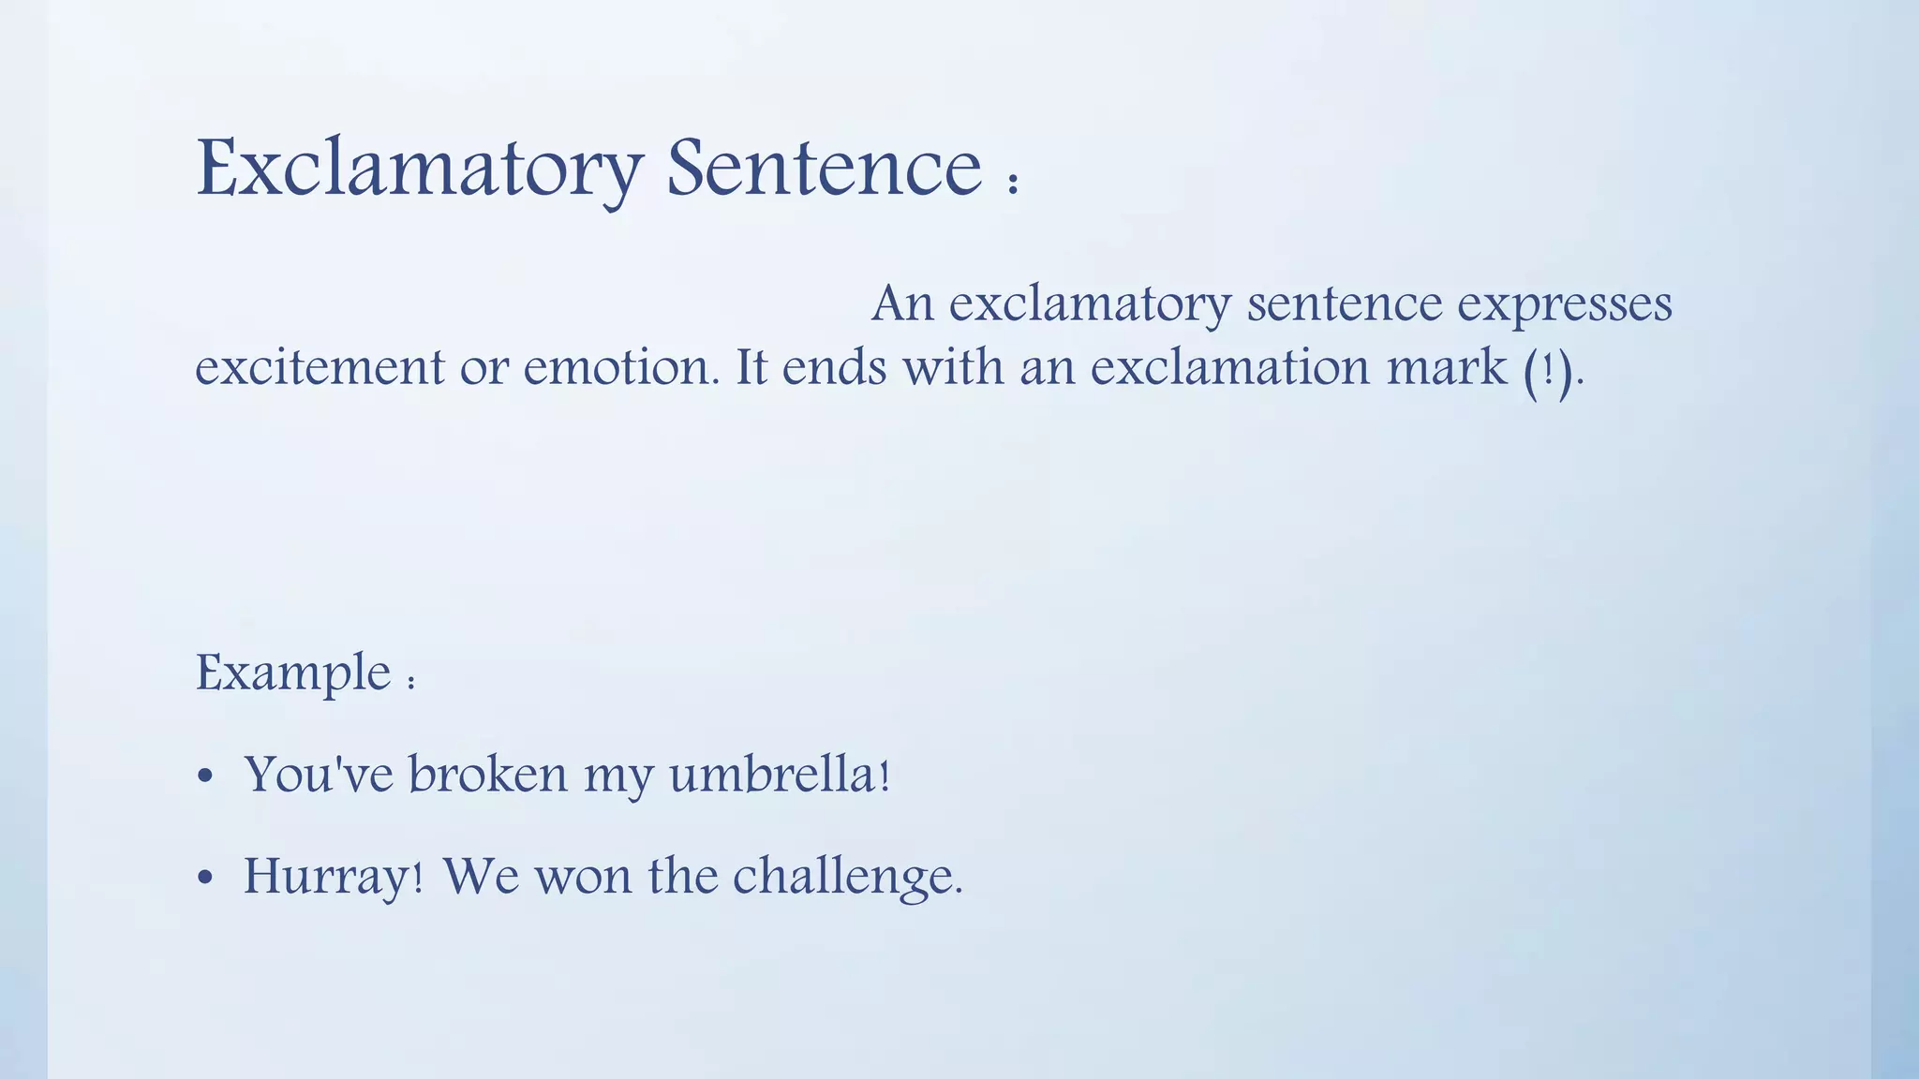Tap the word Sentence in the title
(824, 169)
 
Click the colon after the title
(1013, 181)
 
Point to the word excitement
(319, 367)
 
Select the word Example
(292, 673)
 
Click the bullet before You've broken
(206, 777)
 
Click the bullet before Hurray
(206, 879)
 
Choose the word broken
(487, 776)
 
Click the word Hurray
(327, 879)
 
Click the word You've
(319, 776)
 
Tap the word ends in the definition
(834, 367)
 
